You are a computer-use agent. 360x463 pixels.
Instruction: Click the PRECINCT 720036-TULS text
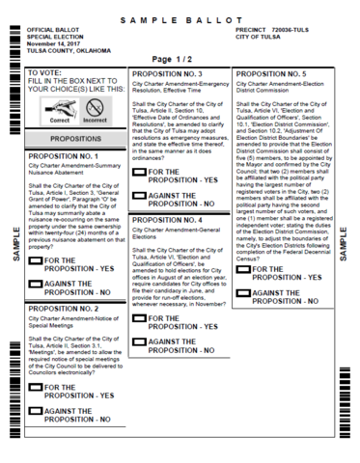click(276, 31)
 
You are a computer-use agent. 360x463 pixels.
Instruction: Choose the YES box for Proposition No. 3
click(139, 171)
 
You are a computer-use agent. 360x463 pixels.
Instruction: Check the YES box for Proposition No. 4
click(139, 318)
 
